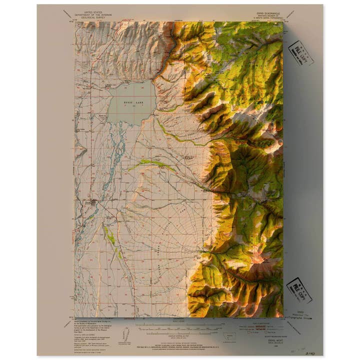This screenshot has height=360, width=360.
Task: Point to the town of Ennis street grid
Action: point(92,202)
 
